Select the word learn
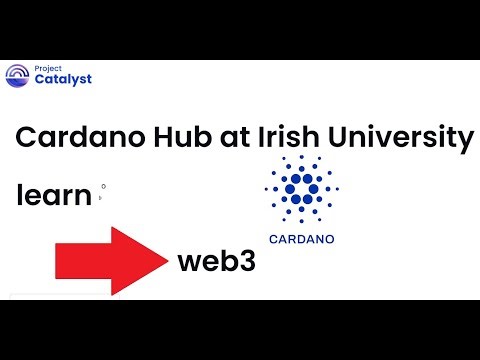click(54, 195)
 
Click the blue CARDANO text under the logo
click(302, 239)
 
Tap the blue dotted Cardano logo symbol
click(301, 190)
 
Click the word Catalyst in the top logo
click(63, 79)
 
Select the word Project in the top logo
click(47, 67)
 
